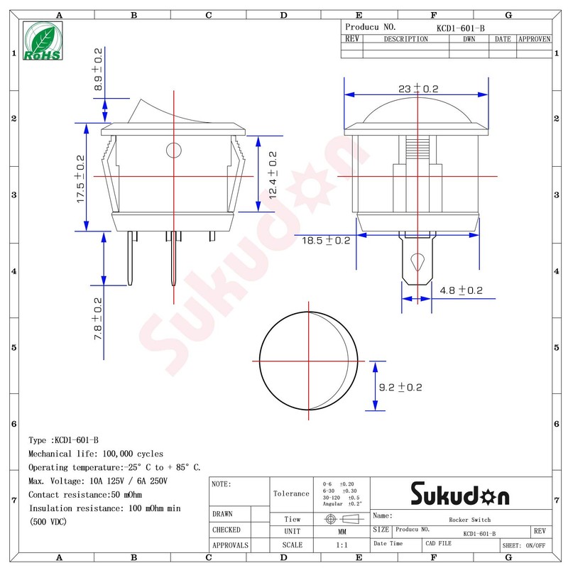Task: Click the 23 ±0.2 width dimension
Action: [x=418, y=89]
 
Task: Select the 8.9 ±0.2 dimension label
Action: [x=99, y=69]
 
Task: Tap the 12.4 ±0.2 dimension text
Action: [x=272, y=175]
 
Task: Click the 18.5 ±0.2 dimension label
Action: [x=326, y=241]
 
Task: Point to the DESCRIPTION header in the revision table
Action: [x=405, y=39]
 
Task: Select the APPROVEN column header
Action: [x=534, y=39]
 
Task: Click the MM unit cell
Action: [x=342, y=531]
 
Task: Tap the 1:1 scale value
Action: [x=342, y=545]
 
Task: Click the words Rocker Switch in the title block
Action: [x=469, y=520]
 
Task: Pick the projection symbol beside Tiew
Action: [x=342, y=519]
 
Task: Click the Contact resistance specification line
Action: [x=85, y=494]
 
